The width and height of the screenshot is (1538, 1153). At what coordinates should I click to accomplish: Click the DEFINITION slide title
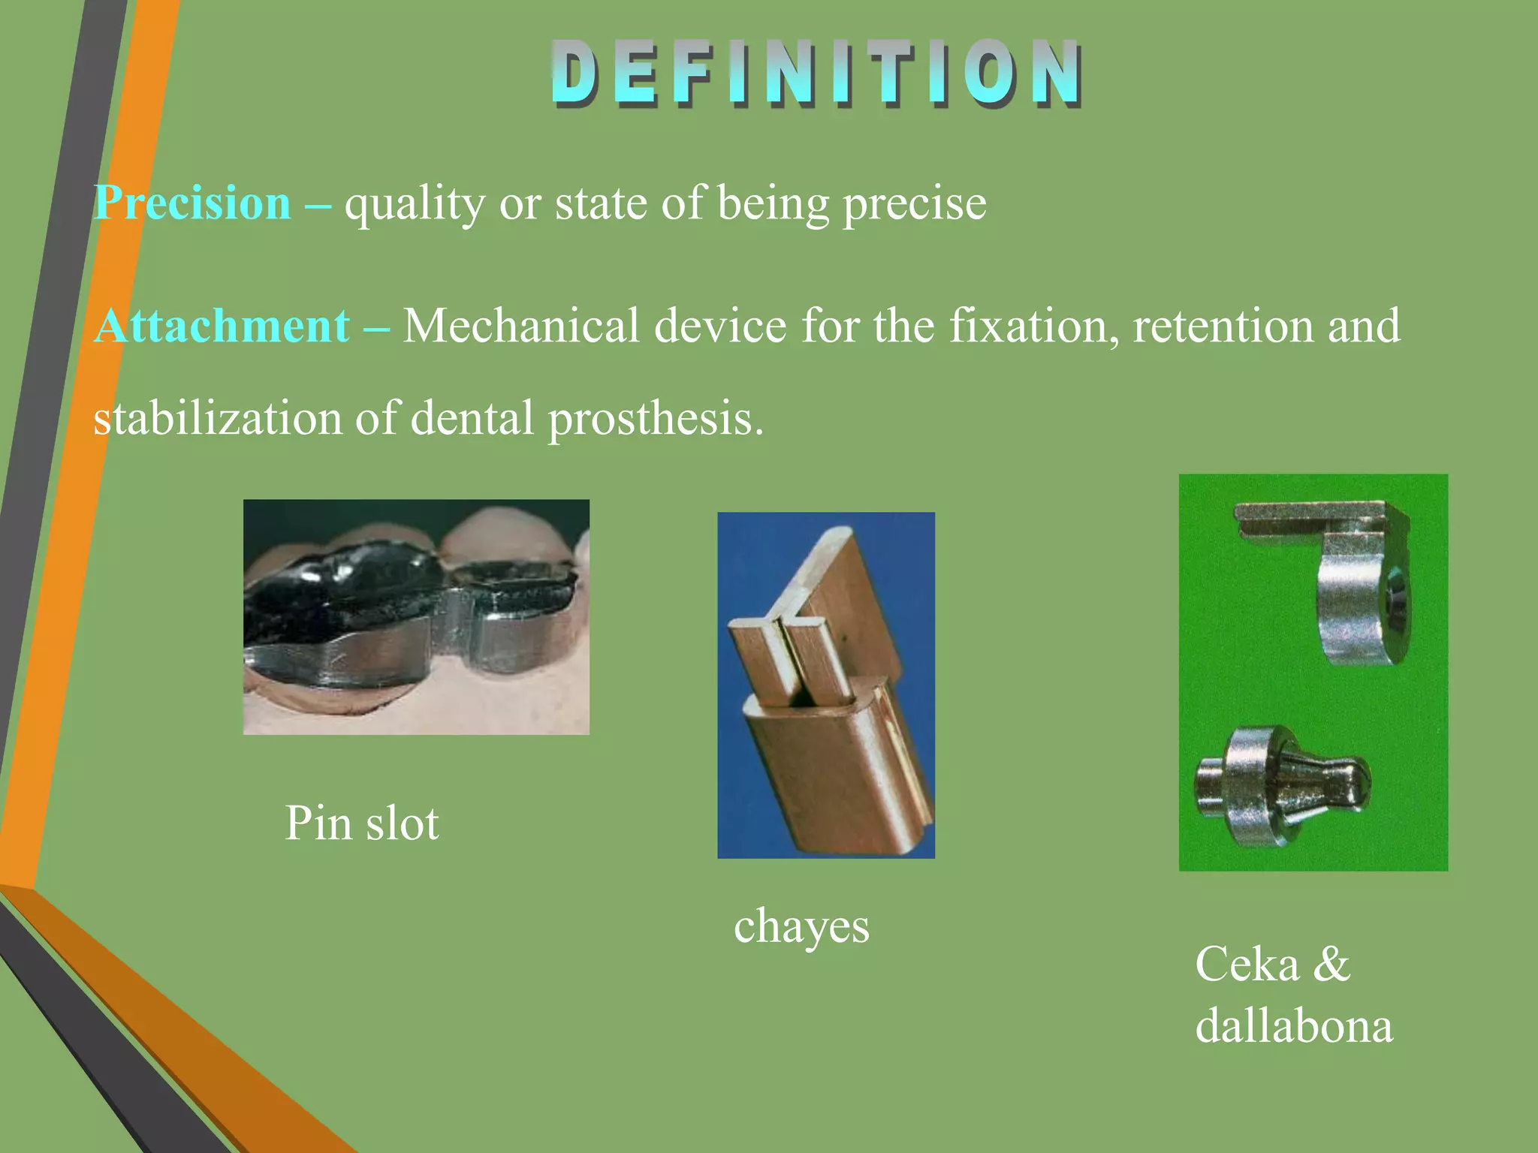tap(817, 73)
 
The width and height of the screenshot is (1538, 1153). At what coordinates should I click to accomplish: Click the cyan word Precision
tap(193, 203)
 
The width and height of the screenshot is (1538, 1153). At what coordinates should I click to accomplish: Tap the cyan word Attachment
tap(222, 327)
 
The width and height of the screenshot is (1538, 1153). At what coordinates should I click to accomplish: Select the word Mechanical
tap(521, 327)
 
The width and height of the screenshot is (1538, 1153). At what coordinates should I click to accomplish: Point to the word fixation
tap(1033, 327)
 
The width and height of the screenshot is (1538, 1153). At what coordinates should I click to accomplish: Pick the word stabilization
tap(217, 419)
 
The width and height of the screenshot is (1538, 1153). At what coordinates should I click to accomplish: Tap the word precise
tap(914, 203)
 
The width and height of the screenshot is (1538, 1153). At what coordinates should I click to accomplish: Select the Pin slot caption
tap(362, 823)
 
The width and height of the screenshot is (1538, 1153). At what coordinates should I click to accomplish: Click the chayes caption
tap(801, 926)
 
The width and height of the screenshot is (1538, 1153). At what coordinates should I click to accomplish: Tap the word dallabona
tap(1294, 1025)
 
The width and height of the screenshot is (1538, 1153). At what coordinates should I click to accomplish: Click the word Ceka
tap(1247, 964)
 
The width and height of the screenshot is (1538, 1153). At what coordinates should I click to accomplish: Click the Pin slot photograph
tap(416, 617)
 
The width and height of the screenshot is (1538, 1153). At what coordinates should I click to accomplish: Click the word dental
tap(472, 419)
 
